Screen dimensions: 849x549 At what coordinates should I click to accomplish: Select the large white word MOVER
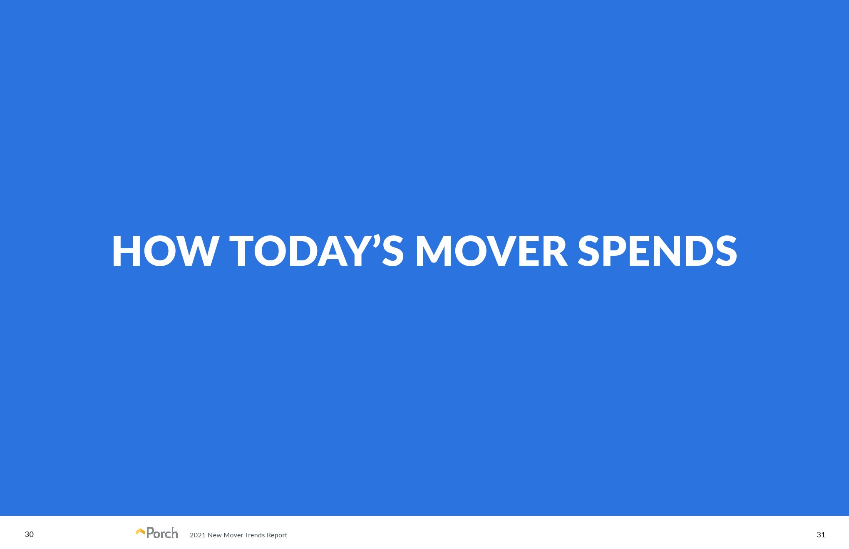pos(492,251)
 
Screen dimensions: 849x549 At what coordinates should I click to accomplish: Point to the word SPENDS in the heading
pos(658,251)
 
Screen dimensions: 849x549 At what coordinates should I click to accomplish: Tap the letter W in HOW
pos(197,251)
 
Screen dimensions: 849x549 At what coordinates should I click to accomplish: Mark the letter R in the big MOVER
pos(554,251)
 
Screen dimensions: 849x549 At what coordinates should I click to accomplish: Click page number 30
pos(29,534)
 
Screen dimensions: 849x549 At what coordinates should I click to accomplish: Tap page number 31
pos(821,535)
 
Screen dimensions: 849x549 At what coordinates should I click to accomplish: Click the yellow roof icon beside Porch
pos(140,532)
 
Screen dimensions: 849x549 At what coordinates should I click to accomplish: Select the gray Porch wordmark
pos(162,533)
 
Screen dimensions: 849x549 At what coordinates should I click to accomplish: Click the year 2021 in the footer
pos(197,535)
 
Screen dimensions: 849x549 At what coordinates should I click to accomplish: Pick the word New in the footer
pos(215,535)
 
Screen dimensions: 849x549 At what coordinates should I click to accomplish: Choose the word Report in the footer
pos(277,535)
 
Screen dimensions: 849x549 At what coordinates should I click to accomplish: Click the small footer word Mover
pos(233,535)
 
